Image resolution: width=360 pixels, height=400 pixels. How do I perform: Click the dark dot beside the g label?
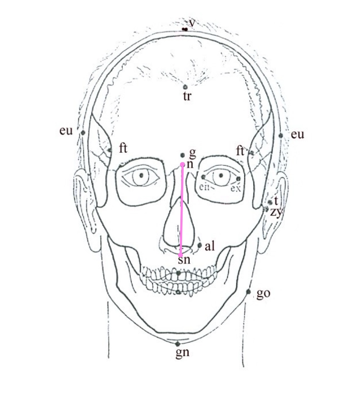click(x=182, y=155)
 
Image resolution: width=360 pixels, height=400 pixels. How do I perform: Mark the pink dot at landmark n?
click(x=183, y=164)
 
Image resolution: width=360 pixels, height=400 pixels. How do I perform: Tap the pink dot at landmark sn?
click(x=180, y=255)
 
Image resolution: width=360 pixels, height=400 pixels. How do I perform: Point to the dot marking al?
click(x=200, y=245)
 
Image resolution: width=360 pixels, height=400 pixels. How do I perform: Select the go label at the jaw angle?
click(x=264, y=294)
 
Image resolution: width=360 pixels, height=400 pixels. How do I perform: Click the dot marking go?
click(x=248, y=292)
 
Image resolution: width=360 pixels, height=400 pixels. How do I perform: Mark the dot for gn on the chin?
click(x=177, y=344)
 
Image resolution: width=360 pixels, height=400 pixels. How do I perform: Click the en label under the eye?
click(x=204, y=187)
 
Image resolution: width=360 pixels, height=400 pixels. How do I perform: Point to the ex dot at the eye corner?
click(x=238, y=179)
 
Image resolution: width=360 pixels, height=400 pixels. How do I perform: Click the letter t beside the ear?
click(x=276, y=201)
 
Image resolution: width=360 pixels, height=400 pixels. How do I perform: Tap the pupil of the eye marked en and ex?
click(x=221, y=175)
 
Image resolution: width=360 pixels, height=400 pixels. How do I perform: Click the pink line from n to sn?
click(x=181, y=209)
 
